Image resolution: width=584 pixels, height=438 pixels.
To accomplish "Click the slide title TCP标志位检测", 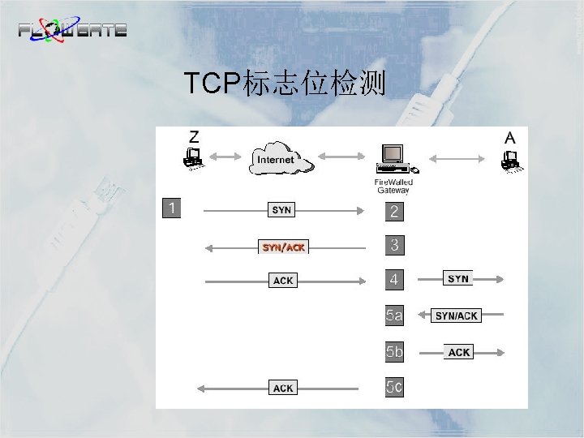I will coord(284,83).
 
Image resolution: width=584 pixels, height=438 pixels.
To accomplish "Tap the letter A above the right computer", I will coord(509,138).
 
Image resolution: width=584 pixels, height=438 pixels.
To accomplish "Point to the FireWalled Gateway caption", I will coord(393,187).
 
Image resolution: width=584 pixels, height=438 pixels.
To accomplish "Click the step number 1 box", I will coord(171,208).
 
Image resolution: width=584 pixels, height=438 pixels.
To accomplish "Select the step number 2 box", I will coord(394,212).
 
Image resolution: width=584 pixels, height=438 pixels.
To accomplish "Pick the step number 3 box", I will coord(394,244).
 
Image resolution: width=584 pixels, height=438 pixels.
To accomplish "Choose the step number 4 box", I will coord(394,280).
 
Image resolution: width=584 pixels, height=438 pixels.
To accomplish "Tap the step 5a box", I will coord(394,315).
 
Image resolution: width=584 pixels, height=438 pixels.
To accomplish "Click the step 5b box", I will coord(394,352).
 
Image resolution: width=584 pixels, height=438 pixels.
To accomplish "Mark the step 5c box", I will coord(394,388).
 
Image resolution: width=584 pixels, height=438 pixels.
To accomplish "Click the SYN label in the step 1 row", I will coord(281,210).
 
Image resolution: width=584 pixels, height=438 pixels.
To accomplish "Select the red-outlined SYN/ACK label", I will coord(283,247).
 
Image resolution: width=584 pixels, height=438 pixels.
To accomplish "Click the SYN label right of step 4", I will coord(458,279).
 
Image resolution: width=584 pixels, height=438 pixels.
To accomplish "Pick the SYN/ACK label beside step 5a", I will coord(457,316).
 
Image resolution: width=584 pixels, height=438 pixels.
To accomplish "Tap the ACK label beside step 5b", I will coord(459,352).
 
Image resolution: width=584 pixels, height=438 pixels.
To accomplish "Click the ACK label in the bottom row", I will coord(283,389).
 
